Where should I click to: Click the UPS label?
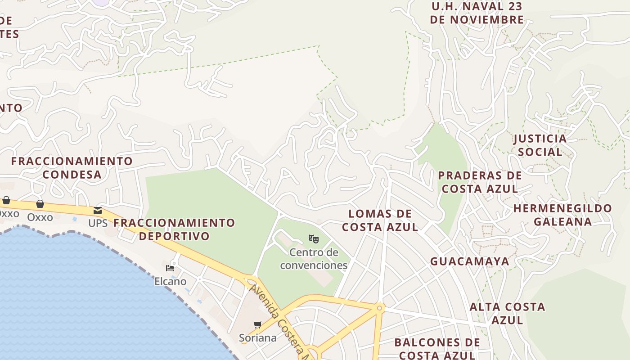click(98, 223)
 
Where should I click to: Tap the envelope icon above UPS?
click(98, 211)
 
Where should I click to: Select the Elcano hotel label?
click(170, 281)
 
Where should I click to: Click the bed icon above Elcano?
click(170, 268)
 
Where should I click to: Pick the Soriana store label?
click(257, 337)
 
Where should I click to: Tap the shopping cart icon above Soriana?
click(258, 324)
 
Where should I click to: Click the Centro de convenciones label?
click(314, 259)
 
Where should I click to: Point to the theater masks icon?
click(314, 238)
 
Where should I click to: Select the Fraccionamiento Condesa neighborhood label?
click(72, 168)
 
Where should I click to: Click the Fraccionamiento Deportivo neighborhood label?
click(174, 229)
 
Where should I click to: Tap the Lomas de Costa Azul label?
click(380, 220)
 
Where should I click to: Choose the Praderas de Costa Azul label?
click(480, 182)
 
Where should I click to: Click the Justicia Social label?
click(540, 145)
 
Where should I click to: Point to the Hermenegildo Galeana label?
click(562, 215)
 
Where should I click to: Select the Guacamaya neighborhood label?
click(470, 261)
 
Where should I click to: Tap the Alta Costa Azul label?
click(507, 313)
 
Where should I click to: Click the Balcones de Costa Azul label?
click(437, 349)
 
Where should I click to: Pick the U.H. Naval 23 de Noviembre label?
click(477, 13)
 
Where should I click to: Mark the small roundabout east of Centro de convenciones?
click(379, 308)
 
